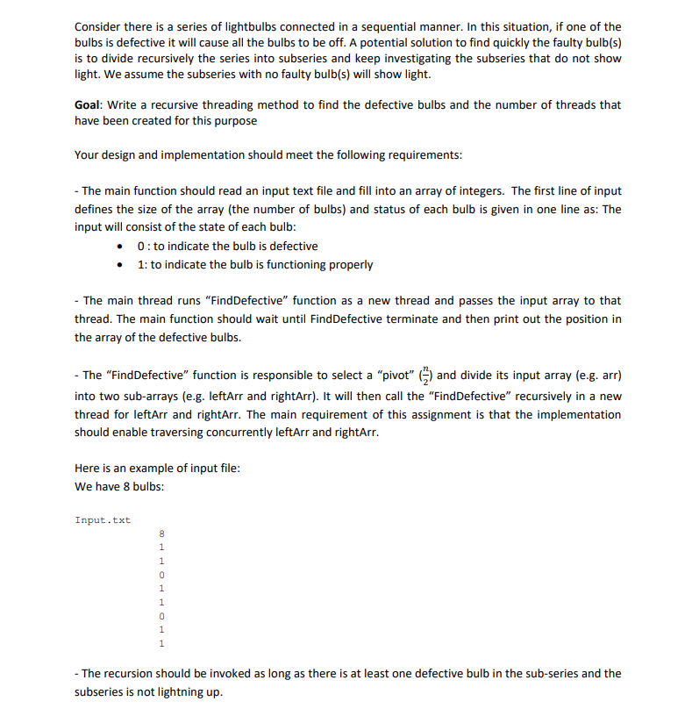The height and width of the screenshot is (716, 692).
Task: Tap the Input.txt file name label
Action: tap(103, 520)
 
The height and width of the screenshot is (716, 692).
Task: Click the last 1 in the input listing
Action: tap(161, 643)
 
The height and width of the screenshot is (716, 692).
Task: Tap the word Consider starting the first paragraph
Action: tap(98, 27)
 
